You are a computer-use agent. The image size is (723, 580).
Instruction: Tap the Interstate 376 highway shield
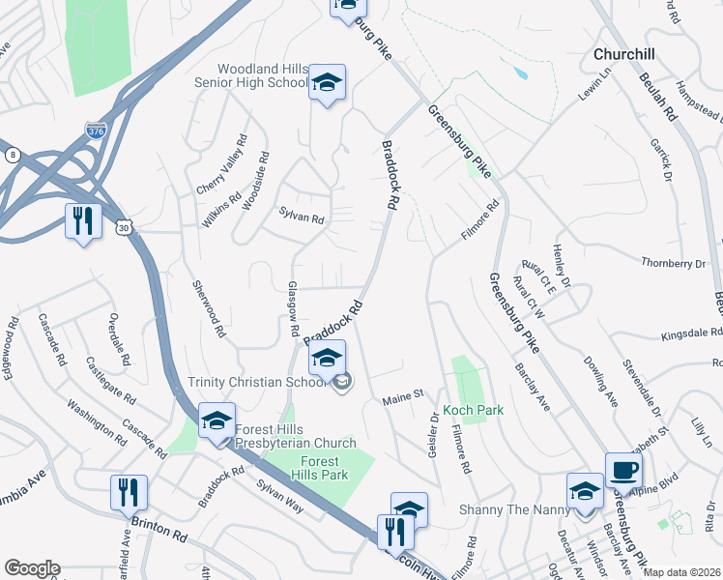pyautogui.click(x=96, y=130)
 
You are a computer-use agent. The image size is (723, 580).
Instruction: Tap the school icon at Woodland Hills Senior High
pyautogui.click(x=328, y=83)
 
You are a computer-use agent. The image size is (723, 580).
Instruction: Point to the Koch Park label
pyautogui.click(x=474, y=410)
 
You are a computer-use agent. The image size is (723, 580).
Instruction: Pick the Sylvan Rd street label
pyautogui.click(x=301, y=217)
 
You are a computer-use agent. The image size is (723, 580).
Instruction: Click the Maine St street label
pyautogui.click(x=404, y=395)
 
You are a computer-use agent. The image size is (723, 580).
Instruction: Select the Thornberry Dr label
pyautogui.click(x=674, y=263)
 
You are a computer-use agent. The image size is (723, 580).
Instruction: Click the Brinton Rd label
pyautogui.click(x=159, y=531)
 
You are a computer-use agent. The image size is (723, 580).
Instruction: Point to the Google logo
pyautogui.click(x=32, y=568)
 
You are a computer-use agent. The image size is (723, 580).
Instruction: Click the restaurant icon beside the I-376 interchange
pyautogui.click(x=83, y=221)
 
